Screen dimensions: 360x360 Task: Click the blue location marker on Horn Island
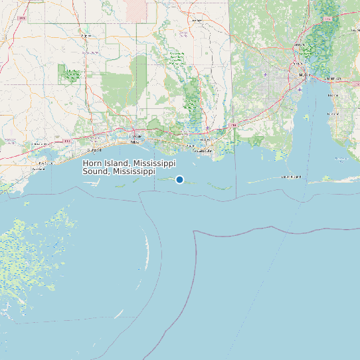[x=179, y=179]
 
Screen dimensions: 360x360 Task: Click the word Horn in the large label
[x=93, y=163]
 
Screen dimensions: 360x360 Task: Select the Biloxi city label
[x=135, y=142]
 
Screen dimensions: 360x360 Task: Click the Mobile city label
[x=305, y=76]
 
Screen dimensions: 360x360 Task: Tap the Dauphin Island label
[x=291, y=177]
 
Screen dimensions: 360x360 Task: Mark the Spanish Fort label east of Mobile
[x=334, y=79]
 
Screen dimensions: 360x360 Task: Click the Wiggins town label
[x=86, y=35]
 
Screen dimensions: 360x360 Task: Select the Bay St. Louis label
[x=45, y=163]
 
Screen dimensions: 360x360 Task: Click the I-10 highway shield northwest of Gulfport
[x=66, y=141]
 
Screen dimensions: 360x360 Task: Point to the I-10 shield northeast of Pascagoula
[x=232, y=124]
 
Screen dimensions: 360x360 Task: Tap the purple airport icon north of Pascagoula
[x=209, y=128]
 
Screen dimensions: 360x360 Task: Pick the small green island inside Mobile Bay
[x=305, y=118]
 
